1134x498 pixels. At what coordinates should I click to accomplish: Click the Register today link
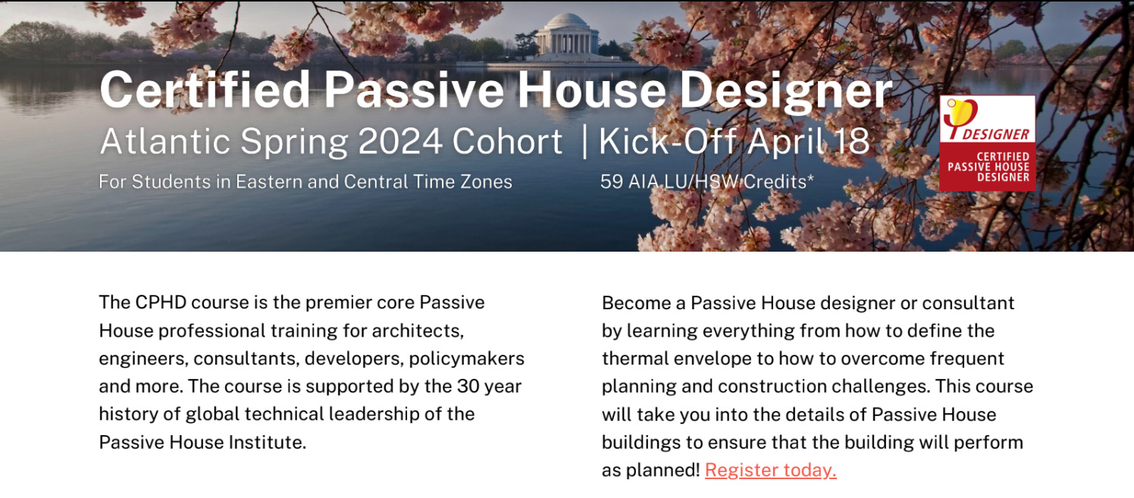(770, 470)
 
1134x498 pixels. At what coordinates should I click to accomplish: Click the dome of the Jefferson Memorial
(567, 21)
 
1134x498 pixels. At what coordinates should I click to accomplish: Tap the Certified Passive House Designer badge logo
(987, 143)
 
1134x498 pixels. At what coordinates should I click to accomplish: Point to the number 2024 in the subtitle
(400, 141)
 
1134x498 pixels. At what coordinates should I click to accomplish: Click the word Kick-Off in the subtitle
(667, 141)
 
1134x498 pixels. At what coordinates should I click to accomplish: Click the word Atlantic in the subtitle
(165, 141)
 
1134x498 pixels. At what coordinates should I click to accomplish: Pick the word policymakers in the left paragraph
(466, 359)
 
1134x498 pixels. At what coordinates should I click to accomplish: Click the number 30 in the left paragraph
(468, 386)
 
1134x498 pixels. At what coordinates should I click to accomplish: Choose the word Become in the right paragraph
(636, 302)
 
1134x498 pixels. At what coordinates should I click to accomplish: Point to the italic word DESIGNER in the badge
(996, 134)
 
